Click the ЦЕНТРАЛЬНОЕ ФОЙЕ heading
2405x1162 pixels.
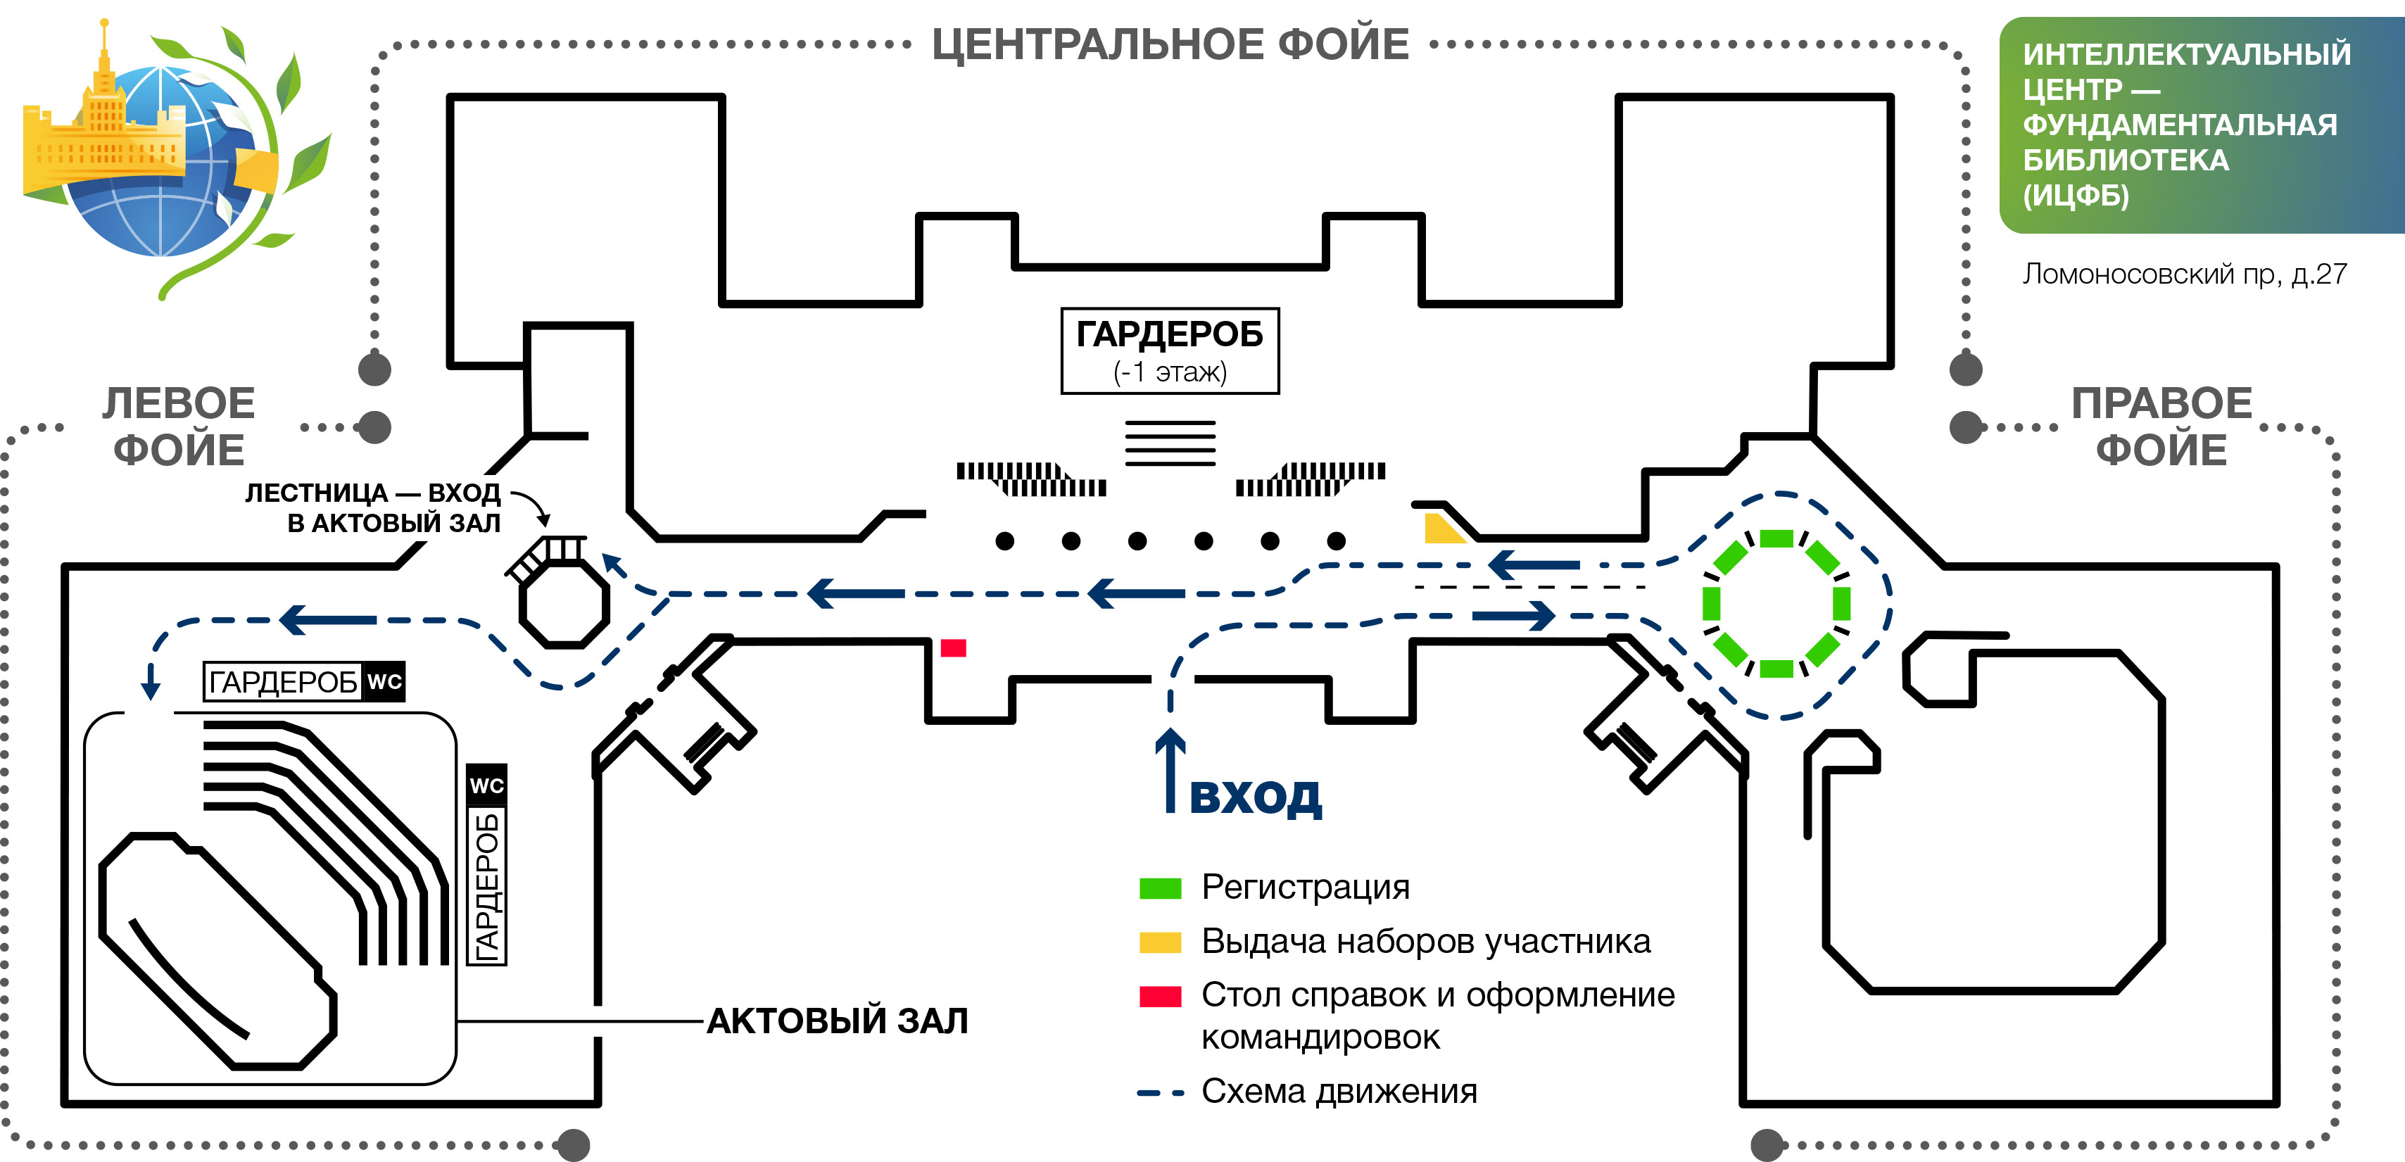(1170, 45)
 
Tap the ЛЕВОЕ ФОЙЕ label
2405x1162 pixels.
(178, 427)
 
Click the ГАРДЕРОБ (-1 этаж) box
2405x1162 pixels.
(1169, 351)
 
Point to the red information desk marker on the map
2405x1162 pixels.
(952, 648)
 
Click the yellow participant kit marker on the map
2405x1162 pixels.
(1441, 530)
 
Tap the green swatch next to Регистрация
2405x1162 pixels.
(1159, 888)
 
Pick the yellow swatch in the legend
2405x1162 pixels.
(1159, 942)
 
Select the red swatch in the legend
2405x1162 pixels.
(1159, 996)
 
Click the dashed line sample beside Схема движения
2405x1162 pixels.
(1159, 1092)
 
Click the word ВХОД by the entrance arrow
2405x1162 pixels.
(1255, 796)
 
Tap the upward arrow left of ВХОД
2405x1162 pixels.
(1170, 770)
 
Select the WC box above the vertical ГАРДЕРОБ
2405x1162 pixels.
(486, 785)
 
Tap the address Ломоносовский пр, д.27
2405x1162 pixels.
(2184, 274)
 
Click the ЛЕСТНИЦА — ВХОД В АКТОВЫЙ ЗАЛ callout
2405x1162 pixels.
(374, 507)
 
